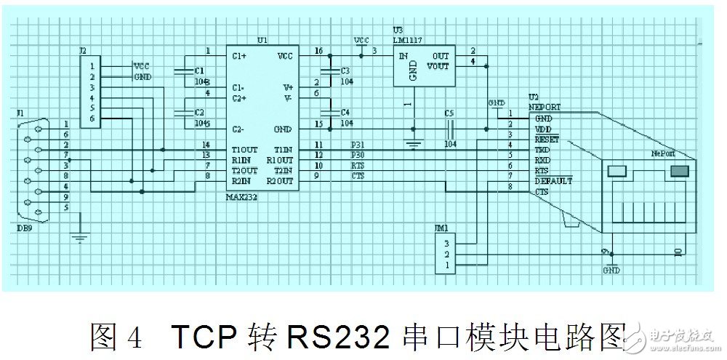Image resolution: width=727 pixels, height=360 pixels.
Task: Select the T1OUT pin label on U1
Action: (245, 149)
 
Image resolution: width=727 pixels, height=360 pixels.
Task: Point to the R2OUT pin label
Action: (280, 180)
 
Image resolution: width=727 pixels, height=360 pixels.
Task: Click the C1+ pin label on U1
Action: (241, 55)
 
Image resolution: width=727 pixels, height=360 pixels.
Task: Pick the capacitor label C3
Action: (345, 71)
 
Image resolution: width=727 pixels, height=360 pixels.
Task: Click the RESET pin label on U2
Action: (546, 138)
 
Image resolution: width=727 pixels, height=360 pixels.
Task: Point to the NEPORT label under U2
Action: (545, 107)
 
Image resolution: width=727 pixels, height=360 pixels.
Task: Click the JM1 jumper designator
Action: (442, 228)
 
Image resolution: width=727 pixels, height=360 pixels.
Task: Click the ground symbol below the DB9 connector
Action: (79, 236)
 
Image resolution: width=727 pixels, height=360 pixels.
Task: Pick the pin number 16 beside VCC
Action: (318, 51)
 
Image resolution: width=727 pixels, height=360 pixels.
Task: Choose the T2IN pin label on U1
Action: (283, 169)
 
